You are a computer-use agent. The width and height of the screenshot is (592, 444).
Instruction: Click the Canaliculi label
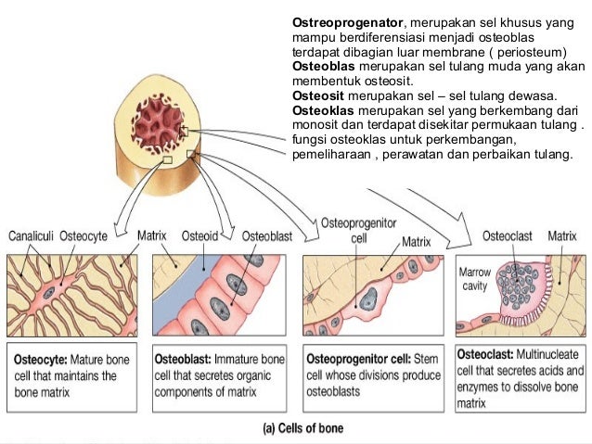[x=31, y=236]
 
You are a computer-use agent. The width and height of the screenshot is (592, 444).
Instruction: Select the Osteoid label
[x=199, y=236]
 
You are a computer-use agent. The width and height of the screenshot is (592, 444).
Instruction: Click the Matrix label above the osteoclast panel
[x=561, y=236]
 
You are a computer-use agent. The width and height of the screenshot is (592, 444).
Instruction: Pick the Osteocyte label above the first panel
[x=84, y=236]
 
